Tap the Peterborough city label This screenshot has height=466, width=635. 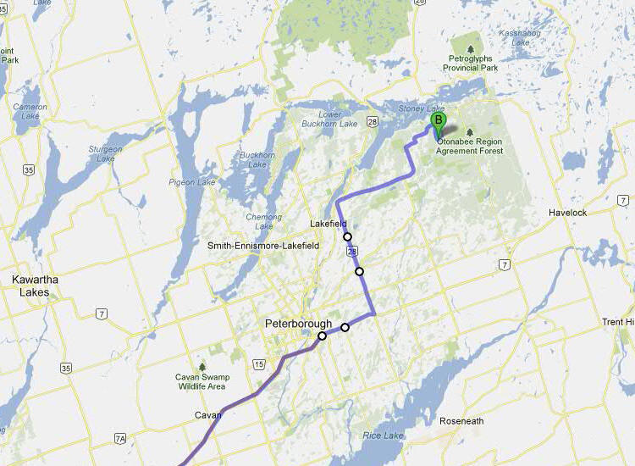coord(298,323)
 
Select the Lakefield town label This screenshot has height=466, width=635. coord(329,224)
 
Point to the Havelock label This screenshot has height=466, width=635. coord(566,212)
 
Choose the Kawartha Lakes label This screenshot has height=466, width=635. coord(30,286)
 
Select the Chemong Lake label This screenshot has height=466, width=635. coord(263,222)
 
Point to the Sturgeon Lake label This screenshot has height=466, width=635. coord(106,153)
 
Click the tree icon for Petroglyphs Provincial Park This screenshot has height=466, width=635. coord(472,45)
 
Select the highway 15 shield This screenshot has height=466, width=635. coord(257,364)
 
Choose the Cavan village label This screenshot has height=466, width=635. coord(208,415)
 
